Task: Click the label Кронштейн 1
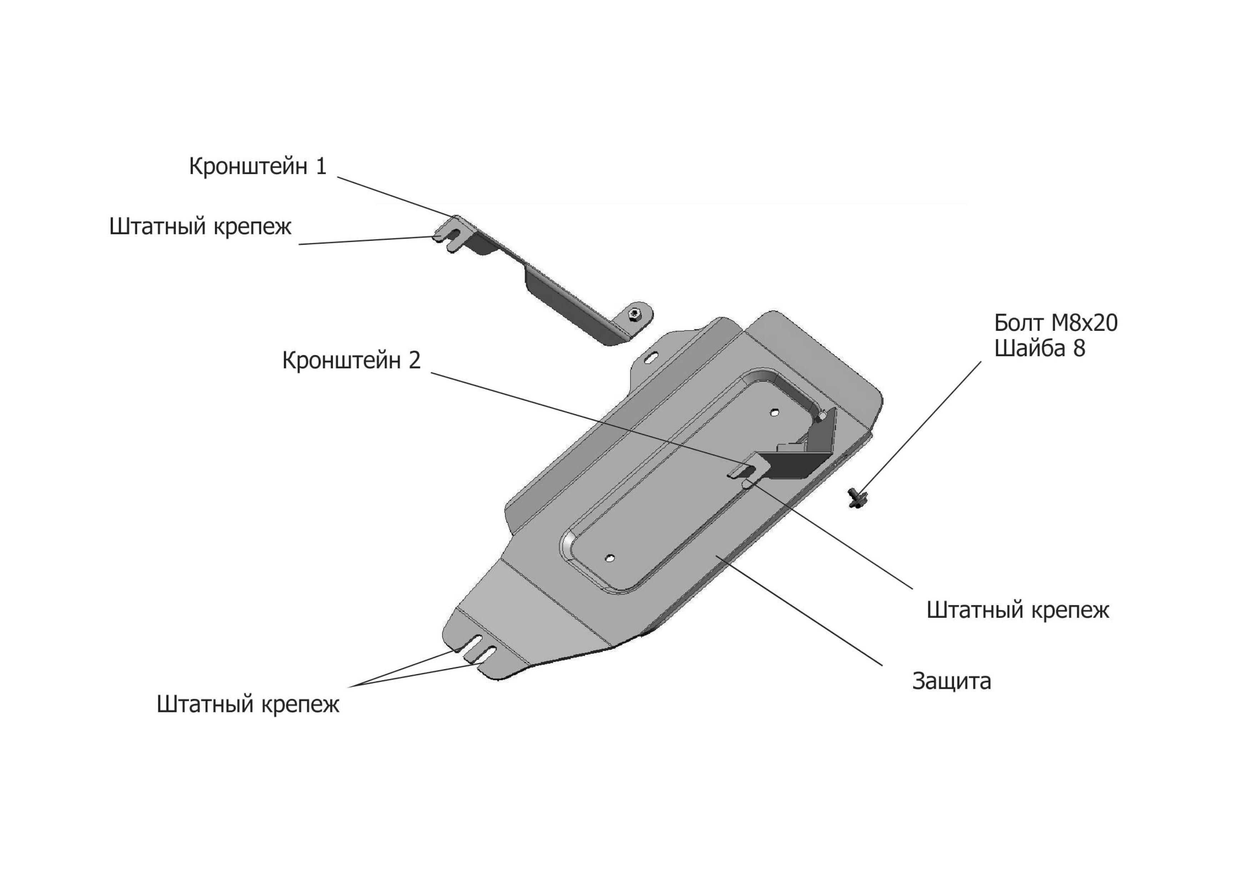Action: [x=258, y=166]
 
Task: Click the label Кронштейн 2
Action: [x=351, y=360]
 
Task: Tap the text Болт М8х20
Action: [x=1055, y=323]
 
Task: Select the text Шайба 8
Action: [x=1040, y=348]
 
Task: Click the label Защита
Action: [x=951, y=681]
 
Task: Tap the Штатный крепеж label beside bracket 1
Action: [x=200, y=226]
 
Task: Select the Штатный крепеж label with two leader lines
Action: [x=248, y=704]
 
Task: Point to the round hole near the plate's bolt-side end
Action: [x=774, y=413]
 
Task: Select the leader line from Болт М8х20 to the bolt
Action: [x=921, y=426]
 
